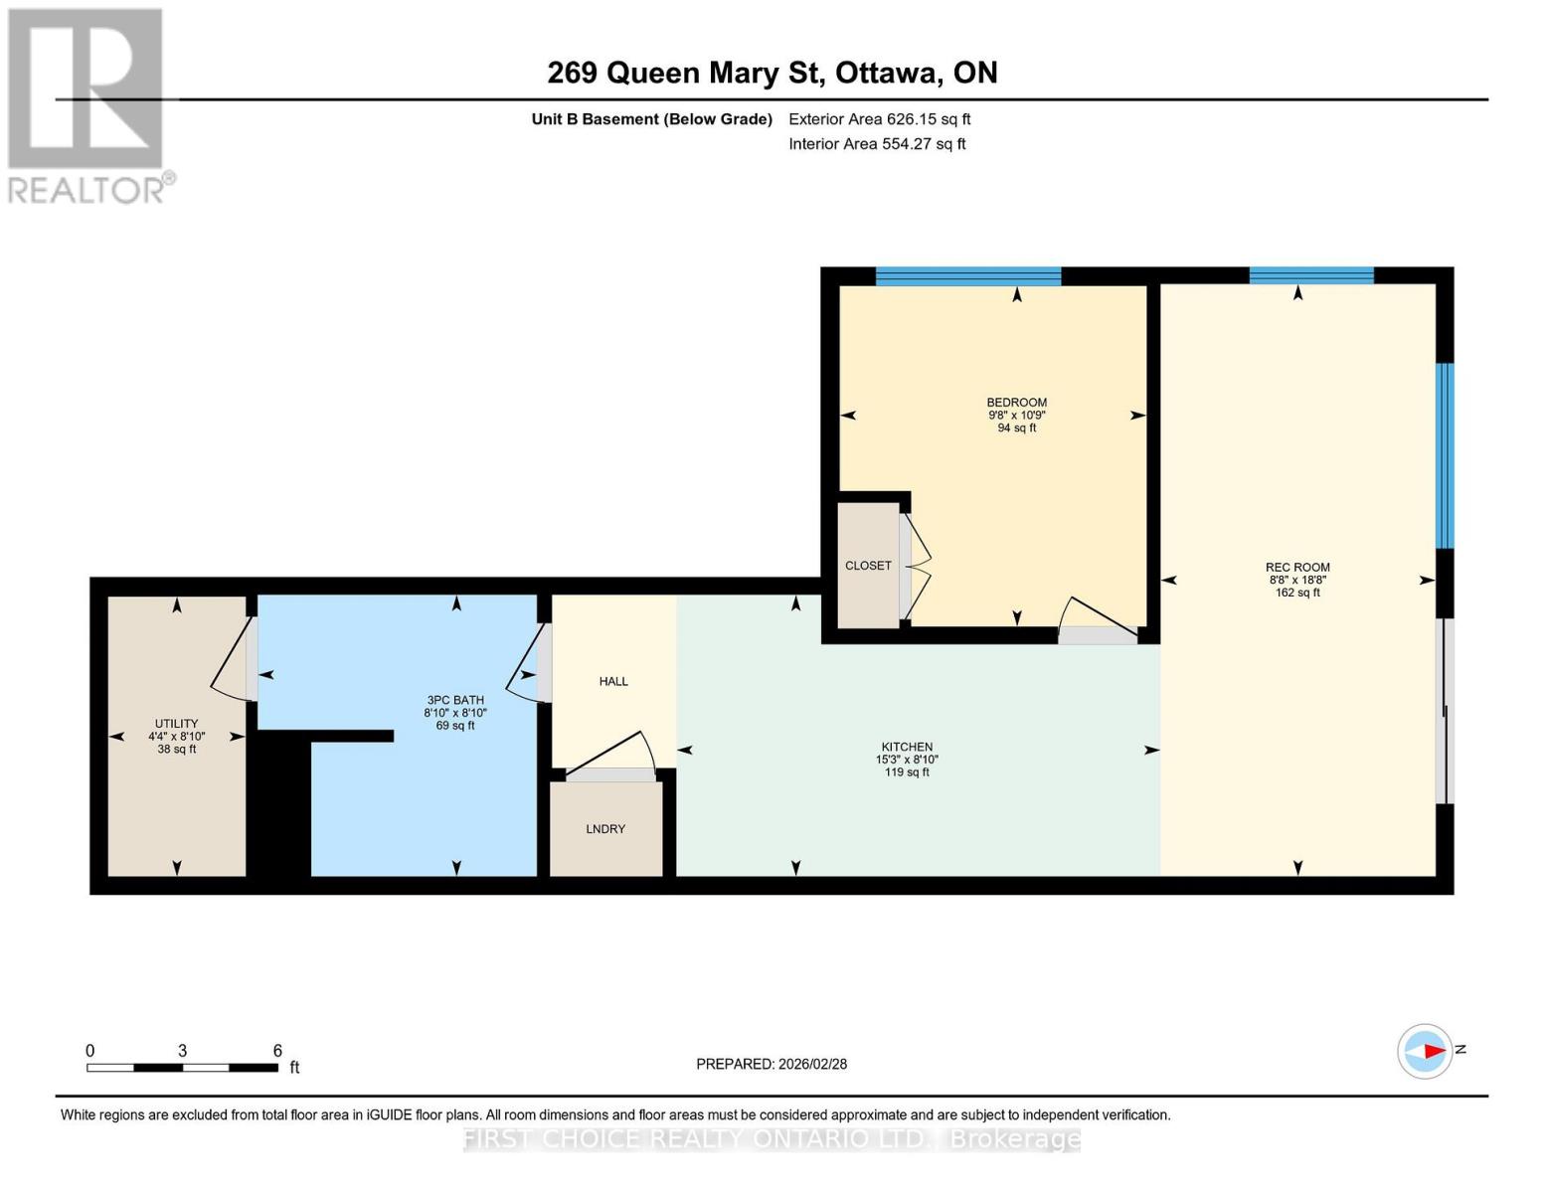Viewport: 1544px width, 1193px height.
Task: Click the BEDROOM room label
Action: (x=1016, y=403)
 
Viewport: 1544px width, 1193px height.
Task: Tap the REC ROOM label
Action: (x=1297, y=568)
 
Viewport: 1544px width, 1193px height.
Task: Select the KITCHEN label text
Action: (x=907, y=747)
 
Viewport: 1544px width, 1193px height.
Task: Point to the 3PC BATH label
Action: (x=455, y=700)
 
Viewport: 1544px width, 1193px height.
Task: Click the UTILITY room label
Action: (x=176, y=724)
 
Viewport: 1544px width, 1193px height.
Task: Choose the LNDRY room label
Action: (x=605, y=829)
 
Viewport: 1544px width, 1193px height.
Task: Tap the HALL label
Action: (x=613, y=681)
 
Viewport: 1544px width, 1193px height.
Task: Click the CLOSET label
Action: (x=868, y=566)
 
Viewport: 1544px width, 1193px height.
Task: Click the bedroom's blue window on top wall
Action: (x=967, y=276)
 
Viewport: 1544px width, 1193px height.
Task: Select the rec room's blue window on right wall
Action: (x=1445, y=455)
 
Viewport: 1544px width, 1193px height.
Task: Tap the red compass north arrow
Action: (x=1432, y=1051)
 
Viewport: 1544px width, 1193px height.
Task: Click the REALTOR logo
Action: (x=87, y=105)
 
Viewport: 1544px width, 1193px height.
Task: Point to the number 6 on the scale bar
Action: (x=277, y=1051)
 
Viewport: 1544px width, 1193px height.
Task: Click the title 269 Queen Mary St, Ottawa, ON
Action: (x=772, y=73)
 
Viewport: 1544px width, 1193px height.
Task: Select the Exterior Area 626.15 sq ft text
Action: (x=879, y=119)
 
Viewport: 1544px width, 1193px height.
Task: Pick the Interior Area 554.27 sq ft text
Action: (x=877, y=144)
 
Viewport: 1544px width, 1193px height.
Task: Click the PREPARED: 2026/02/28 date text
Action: (x=772, y=1064)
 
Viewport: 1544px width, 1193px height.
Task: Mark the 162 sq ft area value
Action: (x=1297, y=593)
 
